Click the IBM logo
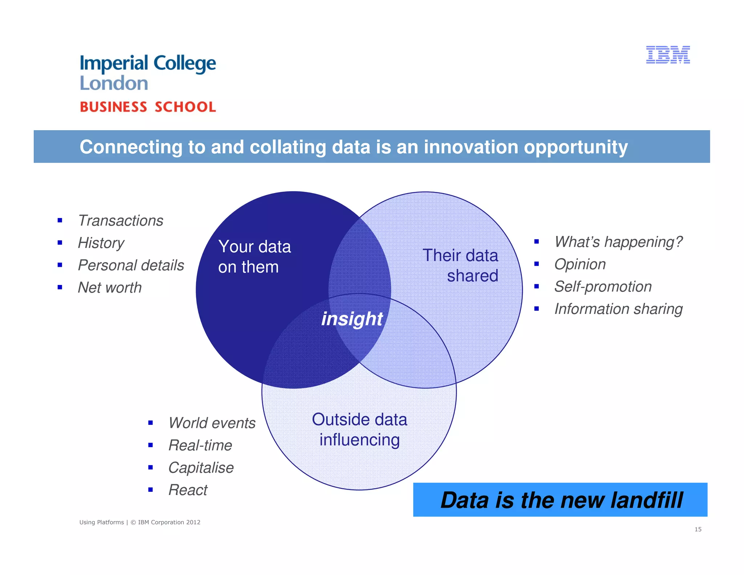668,55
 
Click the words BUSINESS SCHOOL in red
148,107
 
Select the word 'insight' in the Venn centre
352,319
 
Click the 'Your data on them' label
254,257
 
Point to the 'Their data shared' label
461,265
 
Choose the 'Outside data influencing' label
359,430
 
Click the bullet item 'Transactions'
121,221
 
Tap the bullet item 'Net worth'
110,287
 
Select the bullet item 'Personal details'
131,265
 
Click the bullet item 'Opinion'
580,264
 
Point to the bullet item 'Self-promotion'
603,286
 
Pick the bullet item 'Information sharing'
618,309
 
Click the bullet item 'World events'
212,423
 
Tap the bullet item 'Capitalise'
201,468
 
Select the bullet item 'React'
188,490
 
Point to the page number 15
698,529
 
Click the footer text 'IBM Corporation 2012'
169,522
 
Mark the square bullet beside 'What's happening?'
536,242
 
